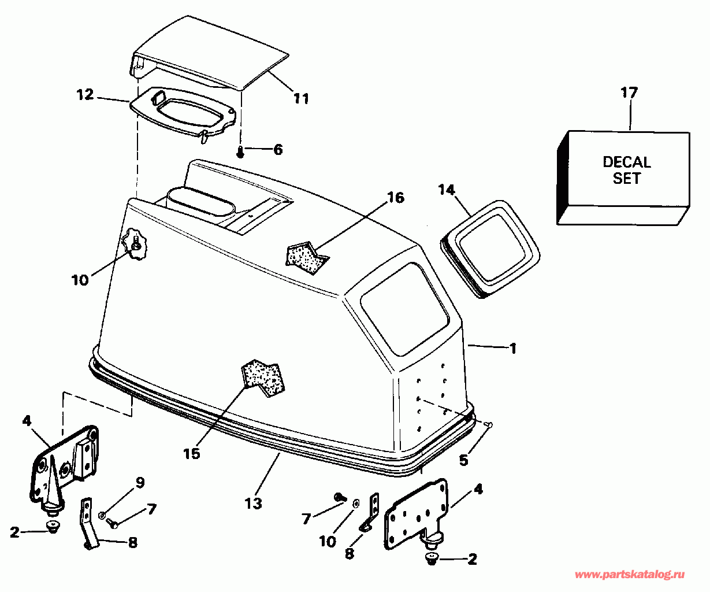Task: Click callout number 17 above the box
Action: point(629,92)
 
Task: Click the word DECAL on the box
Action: point(627,162)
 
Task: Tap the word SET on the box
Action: point(627,178)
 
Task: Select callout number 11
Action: point(300,98)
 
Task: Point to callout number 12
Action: point(85,94)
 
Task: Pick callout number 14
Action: point(446,189)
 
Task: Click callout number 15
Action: point(192,454)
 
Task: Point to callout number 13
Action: point(253,503)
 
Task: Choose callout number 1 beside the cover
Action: point(512,349)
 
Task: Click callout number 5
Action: point(464,460)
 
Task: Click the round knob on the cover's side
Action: point(136,246)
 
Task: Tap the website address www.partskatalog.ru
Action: point(630,575)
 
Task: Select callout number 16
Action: point(396,198)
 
